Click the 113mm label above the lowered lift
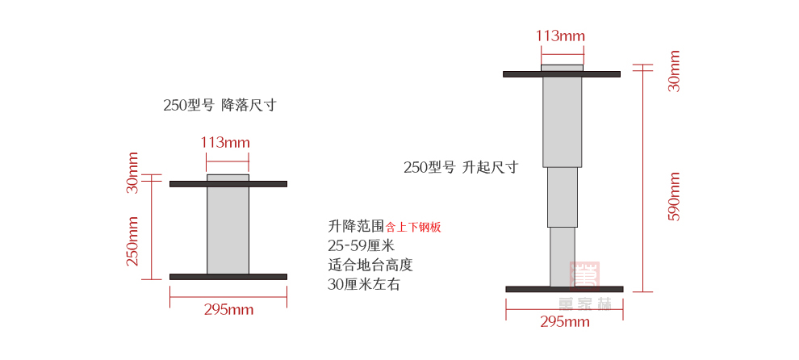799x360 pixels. (224, 142)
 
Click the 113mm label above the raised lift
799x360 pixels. (560, 36)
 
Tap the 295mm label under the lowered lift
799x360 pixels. (228, 309)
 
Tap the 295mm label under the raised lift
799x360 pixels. (564, 322)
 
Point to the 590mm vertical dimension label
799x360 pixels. (675, 196)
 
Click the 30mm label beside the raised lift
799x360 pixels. (675, 71)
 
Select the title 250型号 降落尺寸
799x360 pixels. (220, 105)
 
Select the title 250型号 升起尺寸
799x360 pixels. (460, 167)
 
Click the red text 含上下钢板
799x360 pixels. (413, 228)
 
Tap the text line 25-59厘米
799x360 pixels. (361, 245)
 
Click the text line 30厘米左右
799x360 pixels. (363, 284)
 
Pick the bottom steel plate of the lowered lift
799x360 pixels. (228, 277)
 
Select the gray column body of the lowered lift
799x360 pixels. (228, 230)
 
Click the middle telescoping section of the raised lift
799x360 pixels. (563, 196)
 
